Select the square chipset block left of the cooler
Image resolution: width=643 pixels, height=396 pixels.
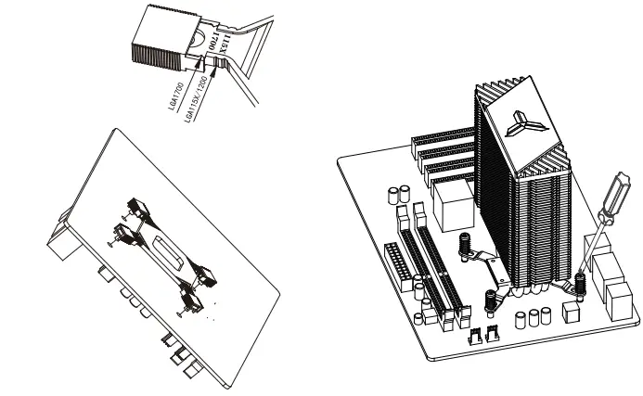coord(452,207)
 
